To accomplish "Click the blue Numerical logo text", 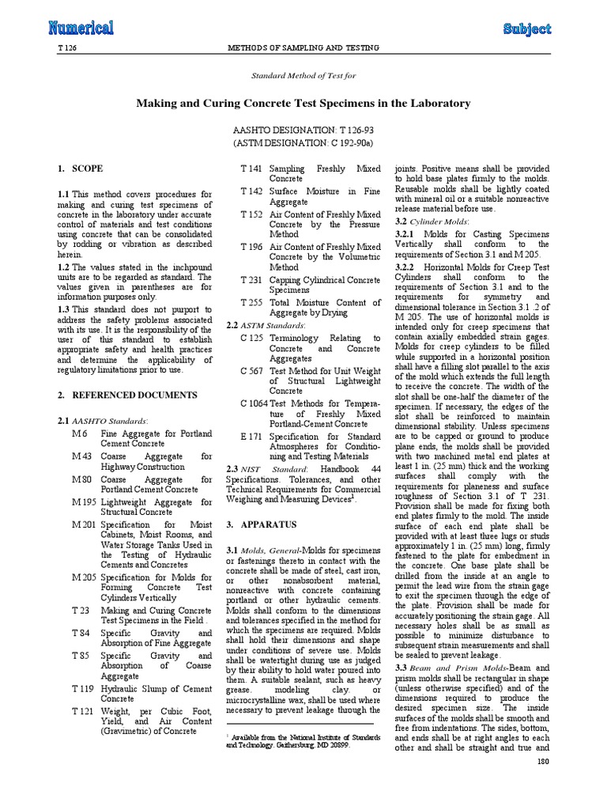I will point(81,28).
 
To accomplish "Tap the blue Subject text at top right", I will point(526,28).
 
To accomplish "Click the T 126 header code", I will point(69,48).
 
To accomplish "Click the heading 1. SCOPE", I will point(80,169).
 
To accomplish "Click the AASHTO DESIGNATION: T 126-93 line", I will point(303,130).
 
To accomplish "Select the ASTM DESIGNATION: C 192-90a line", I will point(303,144).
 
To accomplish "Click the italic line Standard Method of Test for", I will point(303,76).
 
